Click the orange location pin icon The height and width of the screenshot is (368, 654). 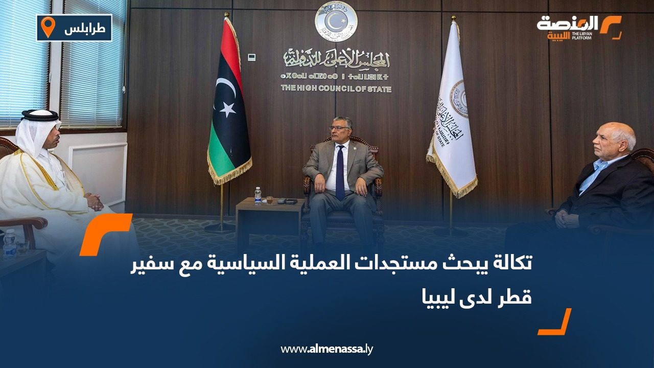[x=48, y=27]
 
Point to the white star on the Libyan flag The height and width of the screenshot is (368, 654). [x=227, y=108]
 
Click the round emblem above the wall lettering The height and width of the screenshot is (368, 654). [x=336, y=21]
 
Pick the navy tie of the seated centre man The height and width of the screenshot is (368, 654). [x=340, y=172]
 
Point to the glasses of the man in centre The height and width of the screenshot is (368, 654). [x=340, y=128]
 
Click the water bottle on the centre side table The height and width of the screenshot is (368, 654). [x=258, y=195]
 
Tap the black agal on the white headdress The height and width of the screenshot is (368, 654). [x=39, y=116]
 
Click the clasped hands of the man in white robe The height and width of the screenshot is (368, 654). [x=95, y=201]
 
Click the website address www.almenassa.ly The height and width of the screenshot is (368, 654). [x=326, y=349]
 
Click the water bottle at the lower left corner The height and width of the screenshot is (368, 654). [x=9, y=244]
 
